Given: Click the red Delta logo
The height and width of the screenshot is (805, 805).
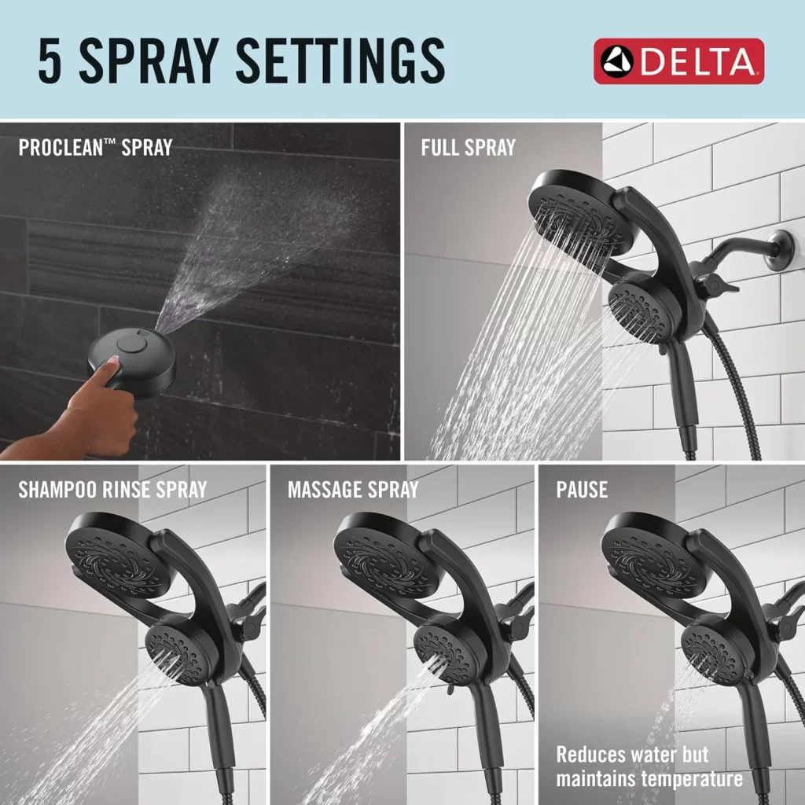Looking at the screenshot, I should [x=678, y=61].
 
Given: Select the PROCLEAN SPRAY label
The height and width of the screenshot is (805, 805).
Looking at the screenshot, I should [x=95, y=147].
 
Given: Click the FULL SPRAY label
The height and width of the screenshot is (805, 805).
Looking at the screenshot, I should [x=468, y=147].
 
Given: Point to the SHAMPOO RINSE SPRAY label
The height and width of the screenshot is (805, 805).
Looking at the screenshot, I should [x=112, y=490].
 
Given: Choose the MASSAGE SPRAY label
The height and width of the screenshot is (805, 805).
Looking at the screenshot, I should [x=353, y=490].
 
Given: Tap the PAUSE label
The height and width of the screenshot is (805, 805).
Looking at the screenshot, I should [x=582, y=490].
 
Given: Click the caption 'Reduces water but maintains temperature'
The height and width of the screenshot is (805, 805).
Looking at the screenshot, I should [x=649, y=767].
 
